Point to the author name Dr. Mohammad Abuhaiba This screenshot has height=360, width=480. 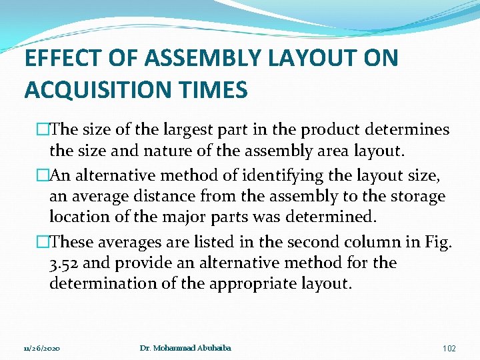click(185, 348)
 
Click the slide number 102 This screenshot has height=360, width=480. click(449, 348)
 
